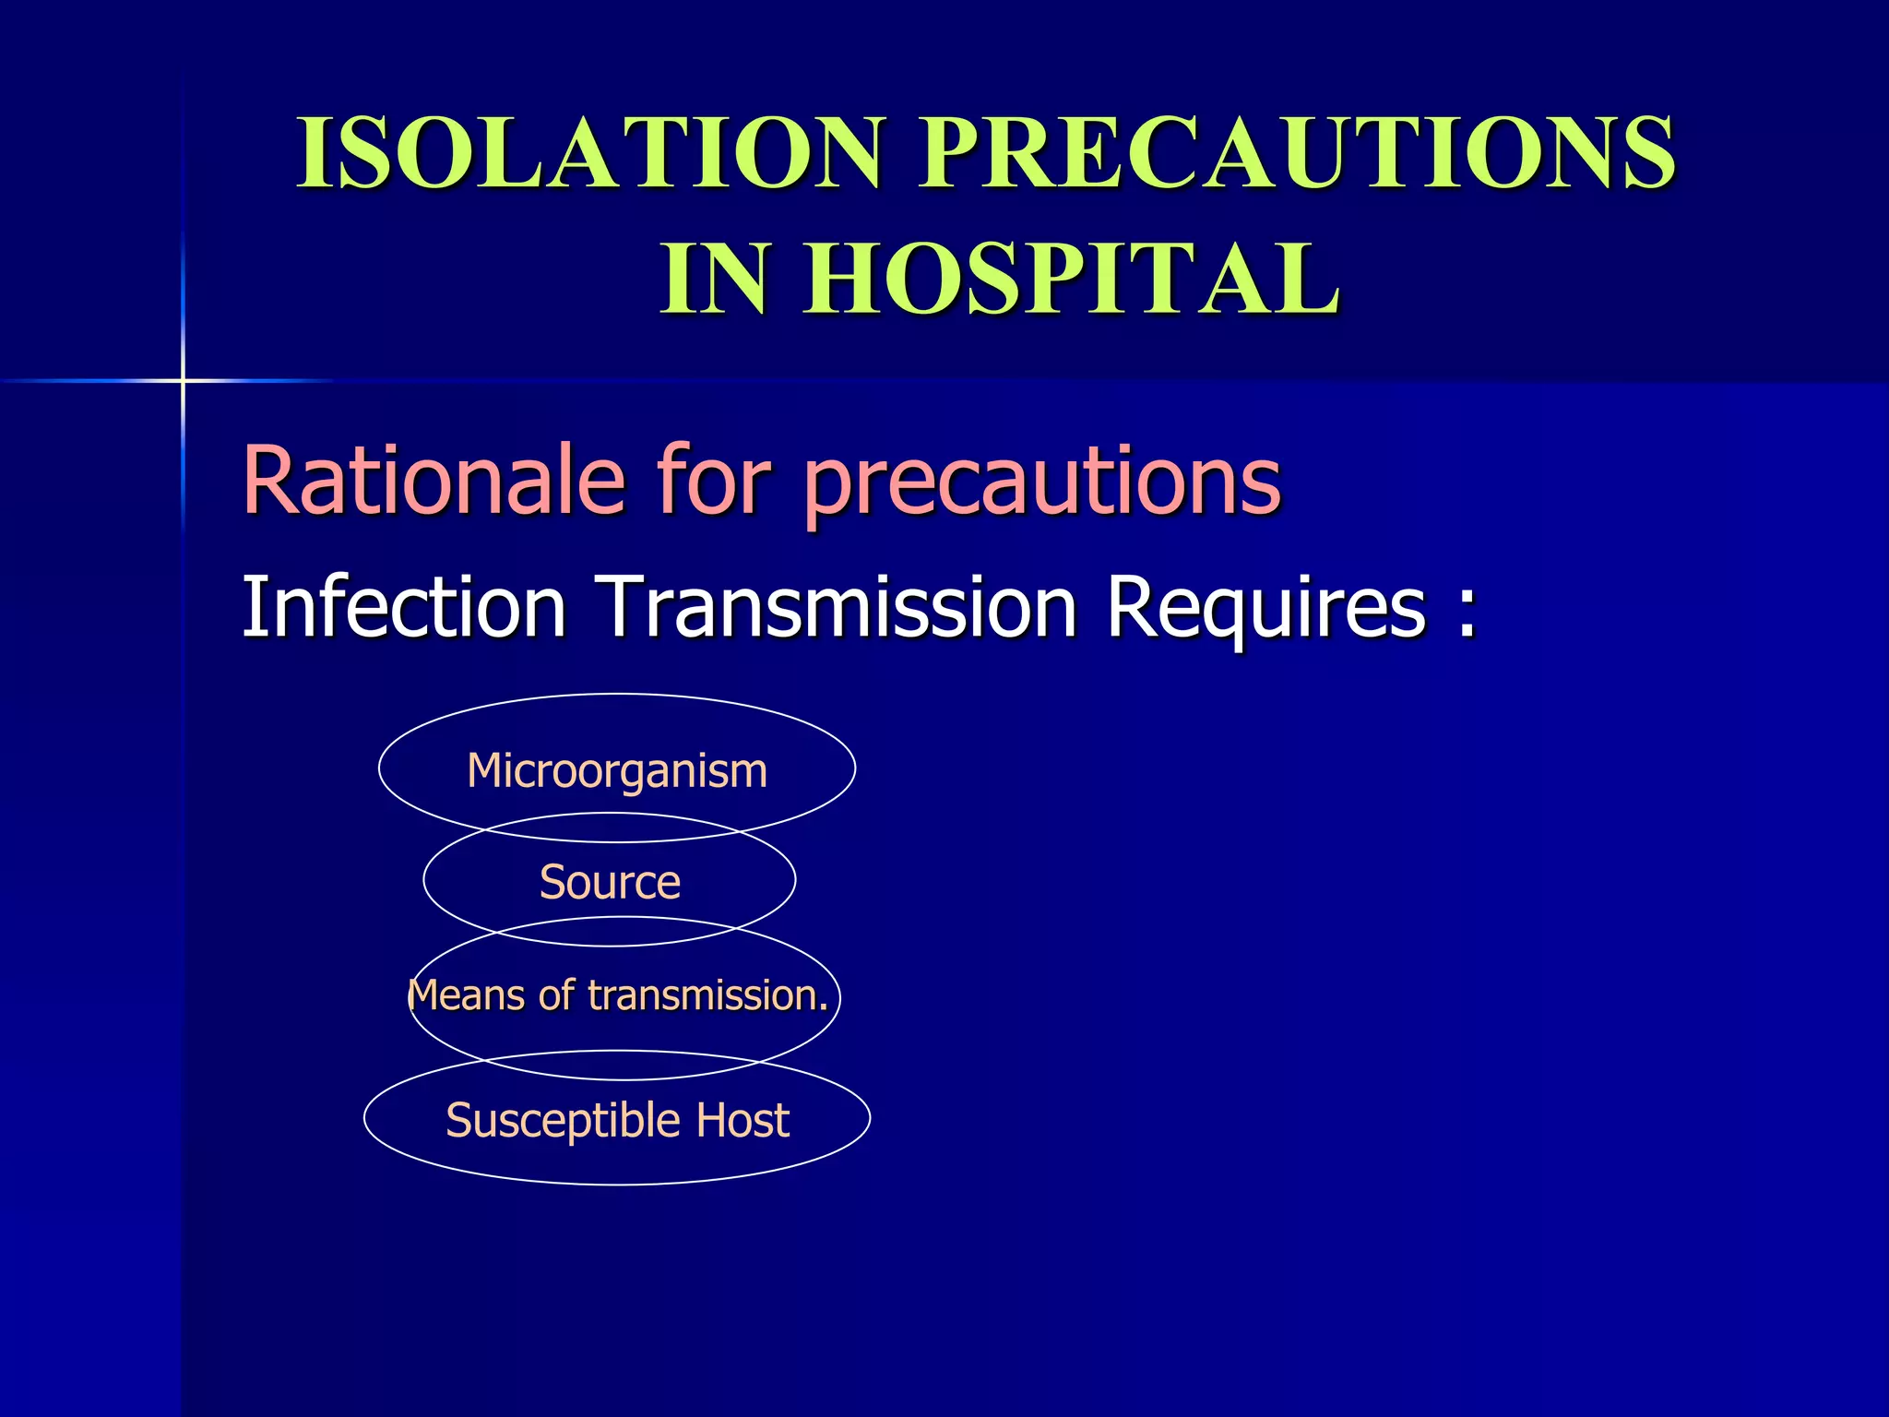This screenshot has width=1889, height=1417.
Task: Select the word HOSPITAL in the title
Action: (x=1070, y=279)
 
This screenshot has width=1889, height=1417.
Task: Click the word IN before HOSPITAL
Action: (x=714, y=279)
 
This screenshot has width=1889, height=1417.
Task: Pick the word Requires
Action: (x=1266, y=609)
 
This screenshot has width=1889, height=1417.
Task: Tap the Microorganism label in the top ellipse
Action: (x=617, y=770)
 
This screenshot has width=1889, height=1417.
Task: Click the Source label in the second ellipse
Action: (x=610, y=882)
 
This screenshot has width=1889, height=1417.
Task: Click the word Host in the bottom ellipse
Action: (x=743, y=1120)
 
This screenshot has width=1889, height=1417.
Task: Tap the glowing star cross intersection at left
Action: (x=183, y=380)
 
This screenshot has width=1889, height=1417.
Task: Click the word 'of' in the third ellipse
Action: (x=556, y=995)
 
